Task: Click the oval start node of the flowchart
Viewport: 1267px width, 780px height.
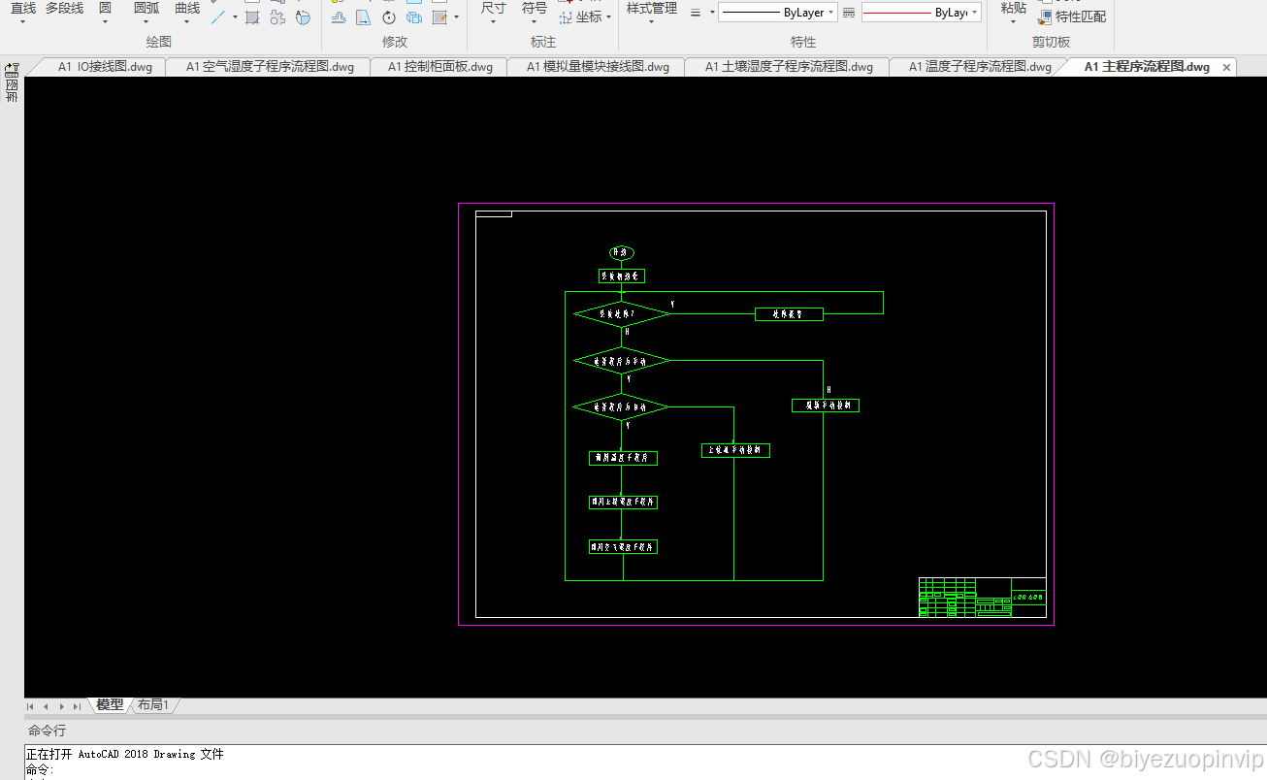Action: pos(622,252)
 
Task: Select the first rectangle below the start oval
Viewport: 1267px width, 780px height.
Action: pos(622,276)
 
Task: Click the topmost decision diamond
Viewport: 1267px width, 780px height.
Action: pos(622,314)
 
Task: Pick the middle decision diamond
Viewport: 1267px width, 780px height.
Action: pos(622,361)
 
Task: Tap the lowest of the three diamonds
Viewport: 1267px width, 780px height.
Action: pos(622,406)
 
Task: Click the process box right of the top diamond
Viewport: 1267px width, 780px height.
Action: pos(789,314)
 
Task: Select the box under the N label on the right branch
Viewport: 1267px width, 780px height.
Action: pos(826,406)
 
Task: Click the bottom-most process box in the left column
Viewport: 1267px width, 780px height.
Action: pos(623,547)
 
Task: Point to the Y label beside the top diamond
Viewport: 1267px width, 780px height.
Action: pos(672,305)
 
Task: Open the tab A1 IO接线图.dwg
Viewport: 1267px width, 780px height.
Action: pos(105,67)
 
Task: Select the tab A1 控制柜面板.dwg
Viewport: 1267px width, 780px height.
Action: pos(439,67)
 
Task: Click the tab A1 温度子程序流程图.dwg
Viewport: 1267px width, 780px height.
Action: pos(980,67)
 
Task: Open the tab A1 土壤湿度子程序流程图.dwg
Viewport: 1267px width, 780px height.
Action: pos(789,67)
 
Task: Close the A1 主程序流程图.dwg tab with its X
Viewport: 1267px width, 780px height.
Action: pos(1226,67)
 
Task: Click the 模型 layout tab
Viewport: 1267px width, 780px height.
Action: pos(110,705)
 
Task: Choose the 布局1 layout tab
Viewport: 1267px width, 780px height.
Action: pos(153,705)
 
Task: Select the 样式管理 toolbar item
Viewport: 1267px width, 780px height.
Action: pos(651,9)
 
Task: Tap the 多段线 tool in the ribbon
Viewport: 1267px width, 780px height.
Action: pos(64,9)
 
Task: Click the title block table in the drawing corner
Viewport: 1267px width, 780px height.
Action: pos(982,598)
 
